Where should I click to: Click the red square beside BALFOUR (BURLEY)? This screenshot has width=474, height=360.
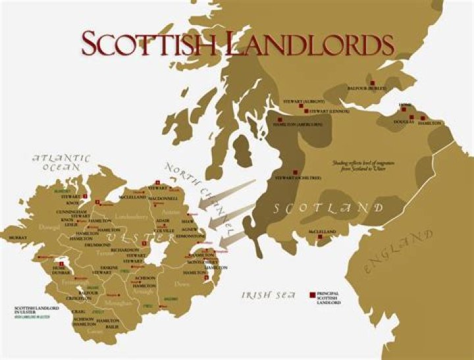click(x=373, y=82)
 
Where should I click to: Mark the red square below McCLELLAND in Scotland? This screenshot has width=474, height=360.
click(x=320, y=238)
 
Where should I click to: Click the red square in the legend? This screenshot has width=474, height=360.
click(x=311, y=296)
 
